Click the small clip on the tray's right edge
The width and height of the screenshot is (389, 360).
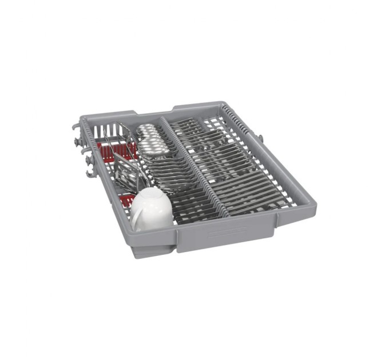point(260,138)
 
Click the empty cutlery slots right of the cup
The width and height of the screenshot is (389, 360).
point(194,206)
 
